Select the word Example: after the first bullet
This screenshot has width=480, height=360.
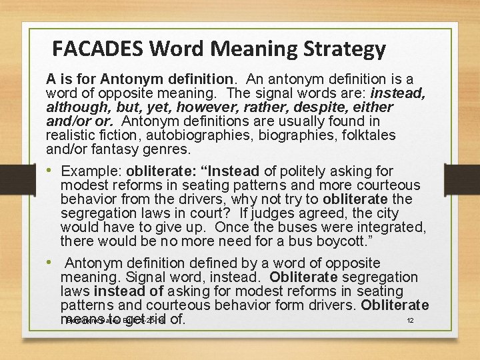coord(89,171)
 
